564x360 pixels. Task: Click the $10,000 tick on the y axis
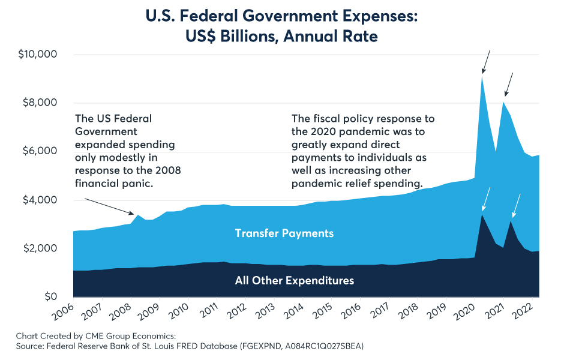coord(38,55)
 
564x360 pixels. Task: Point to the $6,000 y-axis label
coord(40,151)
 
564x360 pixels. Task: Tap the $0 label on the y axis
coord(51,296)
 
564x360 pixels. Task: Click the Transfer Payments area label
coord(284,233)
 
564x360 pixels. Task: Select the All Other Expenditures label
coord(295,281)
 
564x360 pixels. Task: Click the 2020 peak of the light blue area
coord(482,76)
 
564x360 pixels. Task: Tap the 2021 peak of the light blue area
coord(503,102)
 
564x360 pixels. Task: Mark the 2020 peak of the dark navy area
coord(482,215)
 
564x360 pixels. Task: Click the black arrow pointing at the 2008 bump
coord(109,206)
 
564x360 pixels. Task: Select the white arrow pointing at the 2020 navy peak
coord(486,199)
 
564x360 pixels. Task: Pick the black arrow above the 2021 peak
coord(509,85)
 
